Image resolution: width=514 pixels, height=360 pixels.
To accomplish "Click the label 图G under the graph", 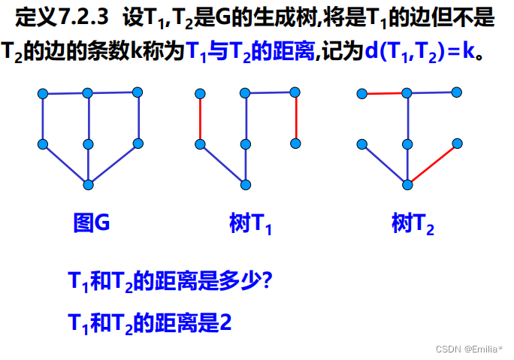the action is (x=92, y=223).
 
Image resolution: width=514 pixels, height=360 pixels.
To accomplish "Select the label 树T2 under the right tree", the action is (x=413, y=224).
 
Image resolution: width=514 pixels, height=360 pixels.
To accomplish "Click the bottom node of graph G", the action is (x=89, y=185).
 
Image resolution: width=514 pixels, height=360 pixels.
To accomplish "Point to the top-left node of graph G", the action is (x=43, y=94).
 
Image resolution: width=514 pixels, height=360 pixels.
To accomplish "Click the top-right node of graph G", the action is (x=138, y=92).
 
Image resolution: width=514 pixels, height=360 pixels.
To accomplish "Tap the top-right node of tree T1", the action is (x=295, y=92).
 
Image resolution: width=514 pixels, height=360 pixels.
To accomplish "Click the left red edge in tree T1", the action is (x=200, y=119).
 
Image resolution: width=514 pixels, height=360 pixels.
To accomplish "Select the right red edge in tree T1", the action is (x=295, y=118).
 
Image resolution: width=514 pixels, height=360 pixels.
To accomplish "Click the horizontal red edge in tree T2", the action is (x=384, y=94).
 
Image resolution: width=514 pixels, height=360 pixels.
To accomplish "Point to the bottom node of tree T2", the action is (x=407, y=185).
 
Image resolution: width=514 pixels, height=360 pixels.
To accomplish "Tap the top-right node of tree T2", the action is (x=456, y=92).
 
